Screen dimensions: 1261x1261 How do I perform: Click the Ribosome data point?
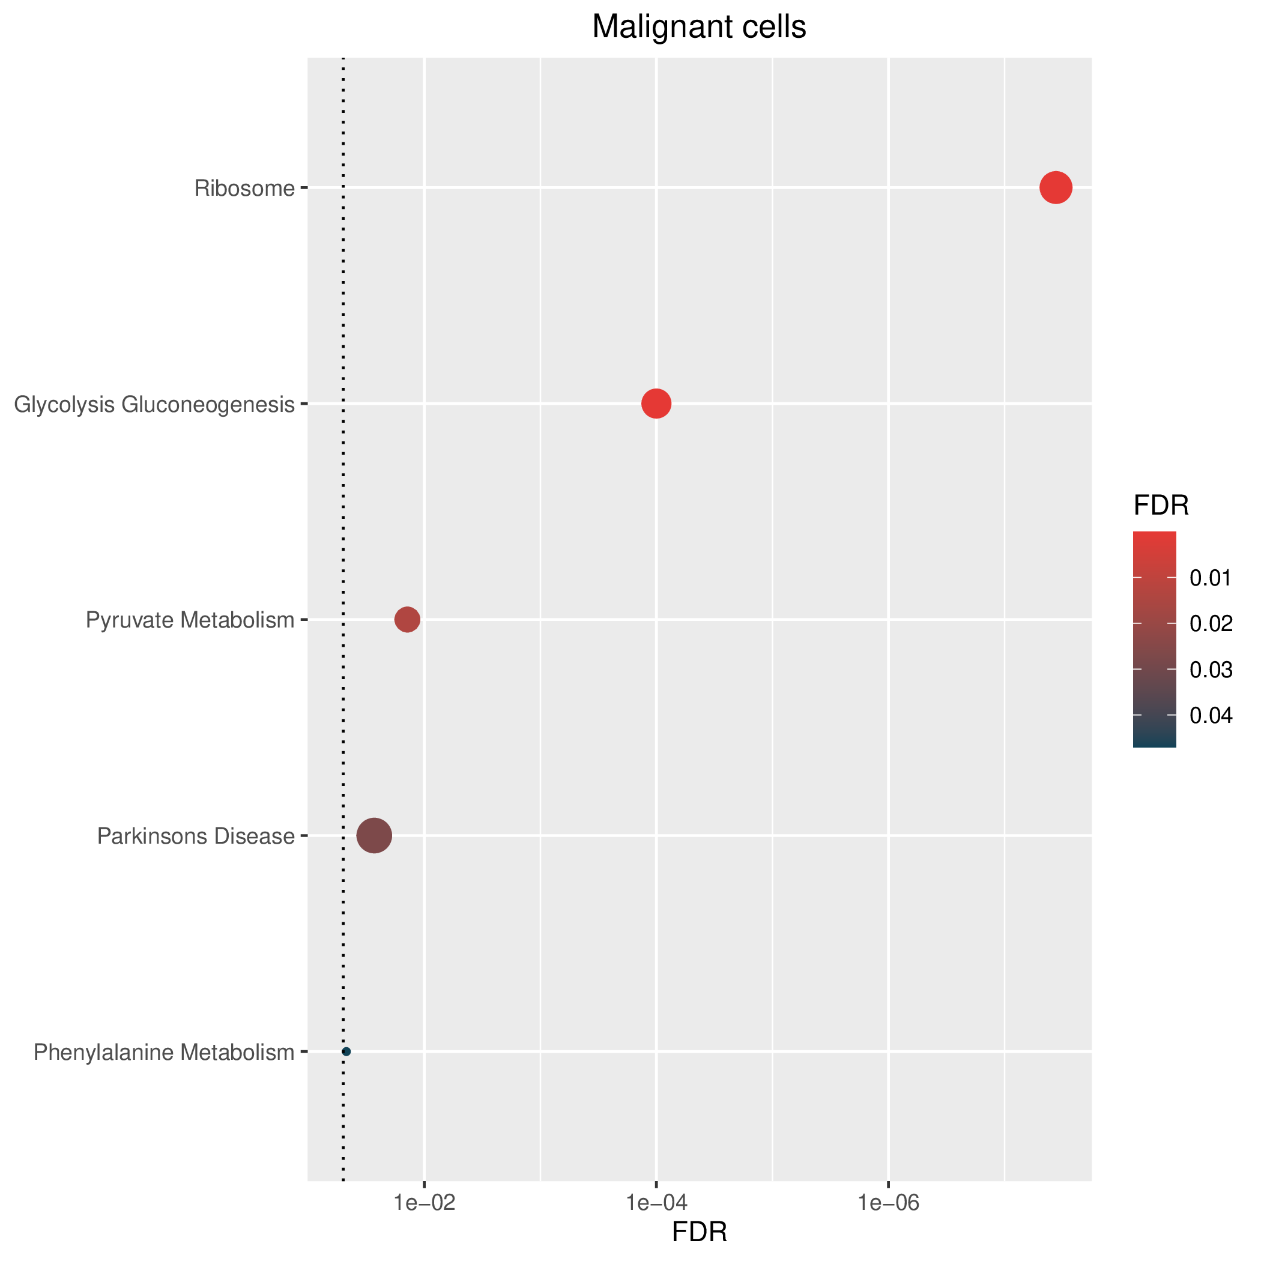pyautogui.click(x=1056, y=188)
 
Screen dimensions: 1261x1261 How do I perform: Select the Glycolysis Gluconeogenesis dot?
pyautogui.click(x=656, y=404)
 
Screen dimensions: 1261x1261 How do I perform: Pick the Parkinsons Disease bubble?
pyautogui.click(x=374, y=835)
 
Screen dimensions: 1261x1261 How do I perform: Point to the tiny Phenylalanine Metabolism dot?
pyautogui.click(x=346, y=1051)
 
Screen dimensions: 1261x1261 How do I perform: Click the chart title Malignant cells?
pyautogui.click(x=699, y=28)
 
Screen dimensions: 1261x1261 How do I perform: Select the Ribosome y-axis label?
pyautogui.click(x=245, y=189)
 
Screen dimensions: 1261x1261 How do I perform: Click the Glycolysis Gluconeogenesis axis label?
pyautogui.click(x=155, y=405)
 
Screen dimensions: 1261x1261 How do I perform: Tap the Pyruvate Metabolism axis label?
pyautogui.click(x=190, y=620)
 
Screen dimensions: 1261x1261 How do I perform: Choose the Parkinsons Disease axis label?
pyautogui.click(x=196, y=835)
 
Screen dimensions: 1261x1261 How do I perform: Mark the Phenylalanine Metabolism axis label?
pyautogui.click(x=165, y=1052)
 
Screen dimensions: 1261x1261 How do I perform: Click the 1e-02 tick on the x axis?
pyautogui.click(x=425, y=1202)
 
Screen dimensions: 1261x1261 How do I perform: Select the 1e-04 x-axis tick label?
pyautogui.click(x=656, y=1202)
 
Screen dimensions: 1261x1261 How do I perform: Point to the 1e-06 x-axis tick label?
pyautogui.click(x=888, y=1202)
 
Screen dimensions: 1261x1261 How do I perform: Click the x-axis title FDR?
pyautogui.click(x=699, y=1232)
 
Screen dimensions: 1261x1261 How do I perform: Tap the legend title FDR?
pyautogui.click(x=1161, y=506)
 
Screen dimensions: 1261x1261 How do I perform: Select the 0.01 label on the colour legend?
pyautogui.click(x=1211, y=578)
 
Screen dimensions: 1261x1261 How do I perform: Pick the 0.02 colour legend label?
pyautogui.click(x=1211, y=623)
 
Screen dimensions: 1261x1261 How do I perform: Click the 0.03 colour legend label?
pyautogui.click(x=1211, y=670)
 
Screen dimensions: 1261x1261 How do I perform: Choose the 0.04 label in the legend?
pyautogui.click(x=1211, y=715)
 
